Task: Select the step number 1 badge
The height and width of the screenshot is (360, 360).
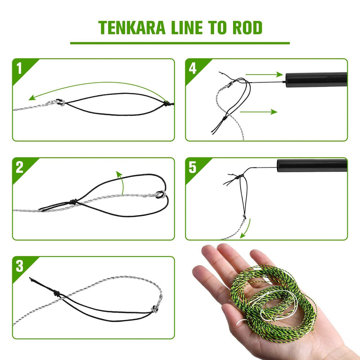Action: coord(19,68)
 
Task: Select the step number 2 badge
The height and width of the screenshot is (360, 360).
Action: coord(19,167)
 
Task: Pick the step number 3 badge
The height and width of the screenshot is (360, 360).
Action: coord(19,266)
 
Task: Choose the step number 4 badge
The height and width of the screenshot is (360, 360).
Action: coord(192,68)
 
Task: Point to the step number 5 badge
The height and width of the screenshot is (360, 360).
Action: coord(192,167)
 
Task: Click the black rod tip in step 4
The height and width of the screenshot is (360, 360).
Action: coord(316,80)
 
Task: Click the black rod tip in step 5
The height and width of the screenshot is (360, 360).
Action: coord(312,165)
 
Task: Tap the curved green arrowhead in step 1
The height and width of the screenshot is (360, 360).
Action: coord(31,98)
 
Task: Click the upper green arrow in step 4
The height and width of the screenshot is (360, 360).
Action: coord(264,74)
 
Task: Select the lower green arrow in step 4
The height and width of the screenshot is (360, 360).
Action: coord(259,112)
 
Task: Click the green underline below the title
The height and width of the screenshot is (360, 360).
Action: coord(180,43)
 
